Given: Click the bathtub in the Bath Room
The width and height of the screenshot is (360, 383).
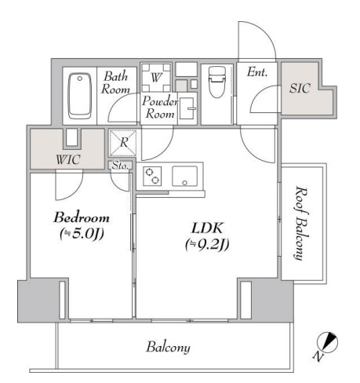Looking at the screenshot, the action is (x=79, y=96).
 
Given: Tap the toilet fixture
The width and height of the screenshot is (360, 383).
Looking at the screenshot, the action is (x=217, y=82).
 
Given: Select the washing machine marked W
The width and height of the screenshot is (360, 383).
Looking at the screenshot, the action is (x=156, y=77).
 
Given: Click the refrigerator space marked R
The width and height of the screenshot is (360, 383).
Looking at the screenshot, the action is (x=123, y=143).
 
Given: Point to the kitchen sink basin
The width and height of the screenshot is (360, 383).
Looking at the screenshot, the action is (x=184, y=176).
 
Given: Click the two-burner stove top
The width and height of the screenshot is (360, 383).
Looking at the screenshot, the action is (x=152, y=176).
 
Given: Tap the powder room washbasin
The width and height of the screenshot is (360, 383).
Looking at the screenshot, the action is (x=187, y=108).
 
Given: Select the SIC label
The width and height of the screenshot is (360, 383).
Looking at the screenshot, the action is (x=300, y=88).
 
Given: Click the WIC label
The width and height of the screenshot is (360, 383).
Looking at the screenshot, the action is (x=67, y=159).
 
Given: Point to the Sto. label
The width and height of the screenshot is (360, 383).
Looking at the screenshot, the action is (x=120, y=166).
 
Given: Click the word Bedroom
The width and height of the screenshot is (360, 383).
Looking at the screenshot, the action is (x=82, y=217).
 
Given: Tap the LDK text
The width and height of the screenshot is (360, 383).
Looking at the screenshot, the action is (x=207, y=228).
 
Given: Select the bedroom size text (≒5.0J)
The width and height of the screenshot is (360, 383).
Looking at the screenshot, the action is (x=82, y=233).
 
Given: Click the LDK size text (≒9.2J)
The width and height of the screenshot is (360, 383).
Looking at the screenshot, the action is (x=207, y=245).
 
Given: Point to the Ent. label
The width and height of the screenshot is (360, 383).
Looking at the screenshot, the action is (x=257, y=72).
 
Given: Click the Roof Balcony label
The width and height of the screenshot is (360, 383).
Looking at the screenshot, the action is (x=301, y=223).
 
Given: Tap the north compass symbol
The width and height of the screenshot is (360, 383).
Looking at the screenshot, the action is (x=327, y=342).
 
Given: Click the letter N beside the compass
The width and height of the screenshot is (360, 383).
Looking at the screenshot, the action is (x=318, y=356).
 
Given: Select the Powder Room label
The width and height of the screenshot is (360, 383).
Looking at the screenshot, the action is (x=160, y=108).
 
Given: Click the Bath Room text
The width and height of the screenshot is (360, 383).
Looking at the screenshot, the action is (x=115, y=82).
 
